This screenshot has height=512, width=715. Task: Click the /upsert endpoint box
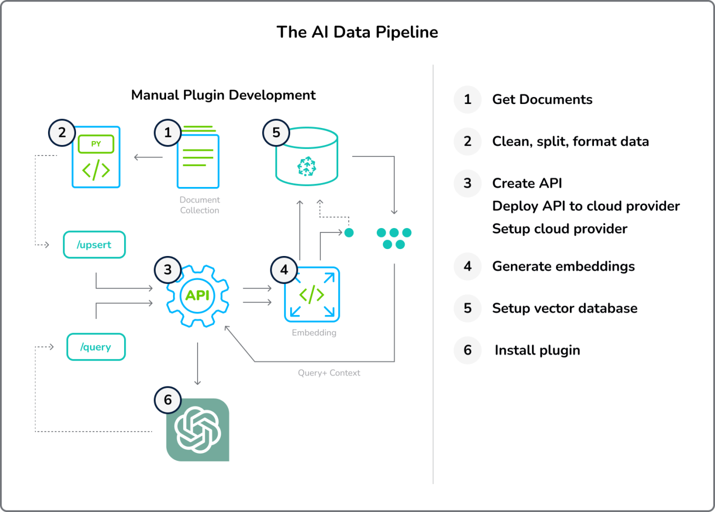(94, 244)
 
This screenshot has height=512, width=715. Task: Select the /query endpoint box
(96, 347)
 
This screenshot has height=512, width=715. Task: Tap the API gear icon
(198, 296)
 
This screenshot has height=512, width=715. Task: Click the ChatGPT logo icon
(198, 429)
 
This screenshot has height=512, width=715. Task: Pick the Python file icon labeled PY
(96, 157)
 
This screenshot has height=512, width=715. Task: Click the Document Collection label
(200, 205)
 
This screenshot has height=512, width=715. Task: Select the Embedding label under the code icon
(314, 332)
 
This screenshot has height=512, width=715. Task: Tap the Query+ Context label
(329, 373)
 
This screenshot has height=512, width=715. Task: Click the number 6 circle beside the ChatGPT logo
(168, 399)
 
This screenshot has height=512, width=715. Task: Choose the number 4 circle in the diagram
(284, 270)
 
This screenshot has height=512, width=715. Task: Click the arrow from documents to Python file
(148, 157)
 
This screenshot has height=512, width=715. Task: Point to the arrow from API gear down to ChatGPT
(198, 363)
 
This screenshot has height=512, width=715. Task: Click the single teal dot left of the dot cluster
(349, 232)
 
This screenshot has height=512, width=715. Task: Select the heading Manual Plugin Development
(223, 95)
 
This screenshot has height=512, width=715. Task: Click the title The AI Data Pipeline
(357, 32)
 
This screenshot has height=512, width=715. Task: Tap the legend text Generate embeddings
(563, 266)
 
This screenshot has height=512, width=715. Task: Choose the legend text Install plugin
(537, 350)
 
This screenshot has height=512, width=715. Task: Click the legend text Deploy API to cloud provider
(586, 206)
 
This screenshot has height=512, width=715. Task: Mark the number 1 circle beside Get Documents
(468, 99)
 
